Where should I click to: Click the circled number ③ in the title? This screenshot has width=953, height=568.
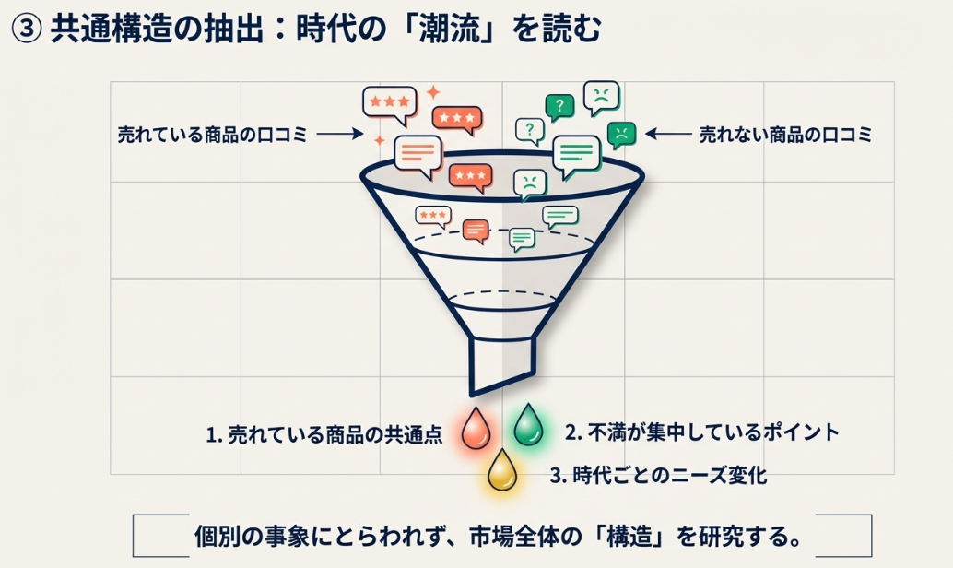25,29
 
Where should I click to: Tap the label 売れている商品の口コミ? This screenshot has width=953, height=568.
212,135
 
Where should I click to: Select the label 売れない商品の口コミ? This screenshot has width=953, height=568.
784,135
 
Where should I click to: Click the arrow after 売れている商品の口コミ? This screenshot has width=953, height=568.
340,135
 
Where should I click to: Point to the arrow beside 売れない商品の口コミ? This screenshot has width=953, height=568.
668,135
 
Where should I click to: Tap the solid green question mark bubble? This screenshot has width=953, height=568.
559,106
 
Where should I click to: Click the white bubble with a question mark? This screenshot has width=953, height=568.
530,130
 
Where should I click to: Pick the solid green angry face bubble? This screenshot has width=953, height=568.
622,135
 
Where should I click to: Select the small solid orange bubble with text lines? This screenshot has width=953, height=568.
476,230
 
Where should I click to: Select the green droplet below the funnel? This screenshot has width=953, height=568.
528,425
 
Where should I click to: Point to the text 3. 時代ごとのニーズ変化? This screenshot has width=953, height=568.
658,476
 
